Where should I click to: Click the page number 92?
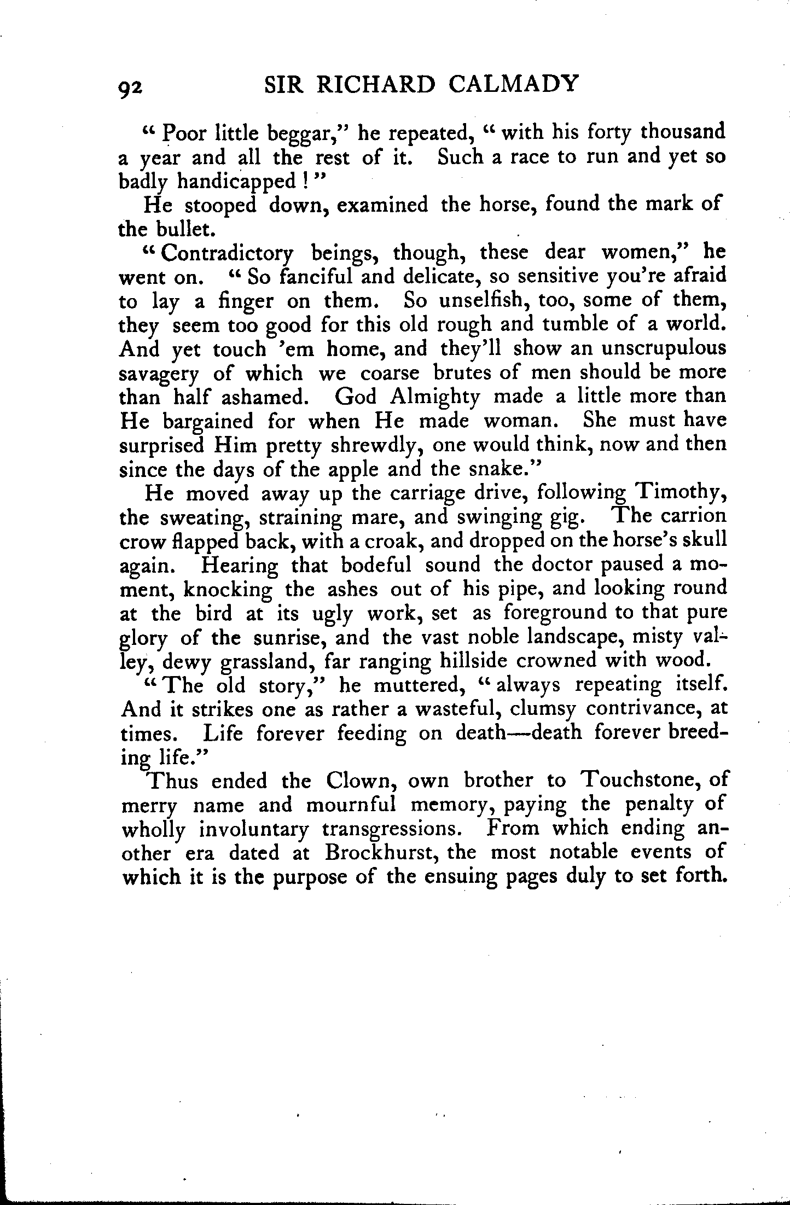130,86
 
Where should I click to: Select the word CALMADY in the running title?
513,84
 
